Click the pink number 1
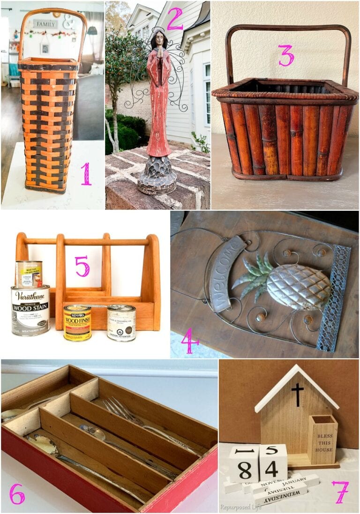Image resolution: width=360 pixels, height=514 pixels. click(x=86, y=173)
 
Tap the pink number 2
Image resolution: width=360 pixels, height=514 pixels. click(x=174, y=19)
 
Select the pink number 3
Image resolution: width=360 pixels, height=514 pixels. click(x=285, y=55)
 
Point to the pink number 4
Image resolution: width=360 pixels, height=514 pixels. click(x=190, y=341)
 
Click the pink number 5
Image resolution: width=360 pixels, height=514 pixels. click(x=82, y=266)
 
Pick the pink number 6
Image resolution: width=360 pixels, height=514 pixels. click(x=17, y=494)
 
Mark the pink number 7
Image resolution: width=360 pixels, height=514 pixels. click(x=340, y=492)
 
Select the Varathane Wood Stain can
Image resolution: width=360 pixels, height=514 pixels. click(x=30, y=310)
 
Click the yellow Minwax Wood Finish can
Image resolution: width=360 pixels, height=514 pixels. click(x=77, y=322)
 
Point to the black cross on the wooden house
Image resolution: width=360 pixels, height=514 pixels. click(x=297, y=394)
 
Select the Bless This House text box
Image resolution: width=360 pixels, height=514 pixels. click(x=323, y=440)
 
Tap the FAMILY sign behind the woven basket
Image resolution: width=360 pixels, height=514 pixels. click(x=46, y=23)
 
